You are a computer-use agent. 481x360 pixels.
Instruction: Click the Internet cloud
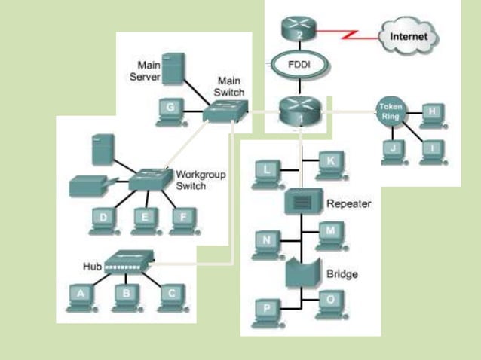point(408,35)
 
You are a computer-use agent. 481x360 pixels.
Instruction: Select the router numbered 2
point(300,29)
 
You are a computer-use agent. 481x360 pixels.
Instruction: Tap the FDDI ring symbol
point(299,65)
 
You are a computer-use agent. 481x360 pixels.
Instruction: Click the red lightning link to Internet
point(348,35)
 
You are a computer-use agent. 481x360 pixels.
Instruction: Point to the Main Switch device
point(224,114)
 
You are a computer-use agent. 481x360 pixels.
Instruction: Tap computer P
point(267,310)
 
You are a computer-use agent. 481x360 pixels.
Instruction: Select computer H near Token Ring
point(432,114)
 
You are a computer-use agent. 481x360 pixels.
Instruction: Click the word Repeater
point(348,204)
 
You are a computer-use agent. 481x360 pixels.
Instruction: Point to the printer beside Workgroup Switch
point(89,185)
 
